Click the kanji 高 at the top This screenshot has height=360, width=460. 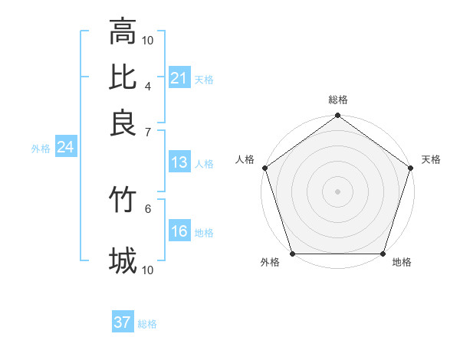pyautogui.click(x=123, y=32)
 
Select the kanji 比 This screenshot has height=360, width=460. pyautogui.click(x=123, y=77)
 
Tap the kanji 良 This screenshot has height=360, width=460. pyautogui.click(x=123, y=123)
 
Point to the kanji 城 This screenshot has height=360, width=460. pyautogui.click(x=123, y=261)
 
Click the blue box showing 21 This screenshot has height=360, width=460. pyautogui.click(x=179, y=78)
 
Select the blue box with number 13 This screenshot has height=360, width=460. pyautogui.click(x=179, y=162)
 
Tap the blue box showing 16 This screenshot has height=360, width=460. pyautogui.click(x=179, y=231)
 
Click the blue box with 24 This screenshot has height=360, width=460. pyautogui.click(x=65, y=147)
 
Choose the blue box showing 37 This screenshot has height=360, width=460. pyautogui.click(x=123, y=322)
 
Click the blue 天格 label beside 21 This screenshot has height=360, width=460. pyautogui.click(x=204, y=80)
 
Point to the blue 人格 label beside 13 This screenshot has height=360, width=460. pyautogui.click(x=204, y=164)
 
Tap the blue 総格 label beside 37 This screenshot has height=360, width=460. pyautogui.click(x=147, y=324)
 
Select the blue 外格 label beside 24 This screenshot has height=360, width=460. pyautogui.click(x=41, y=149)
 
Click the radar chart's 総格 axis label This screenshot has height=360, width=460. pyautogui.click(x=338, y=100)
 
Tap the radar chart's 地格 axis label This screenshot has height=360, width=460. pyautogui.click(x=402, y=263)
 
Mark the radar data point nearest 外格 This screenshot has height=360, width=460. pyautogui.click(x=292, y=254)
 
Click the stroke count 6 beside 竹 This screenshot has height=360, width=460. pyautogui.click(x=148, y=208)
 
